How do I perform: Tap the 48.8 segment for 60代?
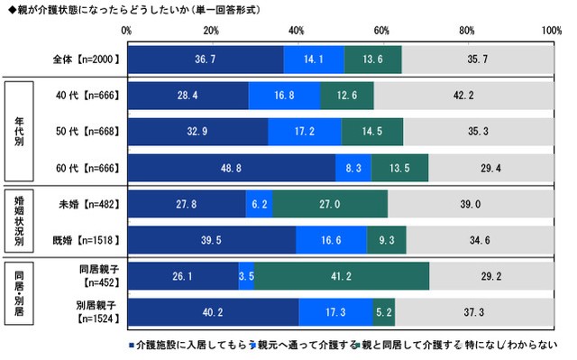coord(231,168)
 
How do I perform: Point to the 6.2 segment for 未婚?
coord(259,205)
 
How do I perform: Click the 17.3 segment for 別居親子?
coord(335,312)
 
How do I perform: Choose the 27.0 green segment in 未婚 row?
coord(330,205)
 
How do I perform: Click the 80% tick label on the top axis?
coord(467,31)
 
